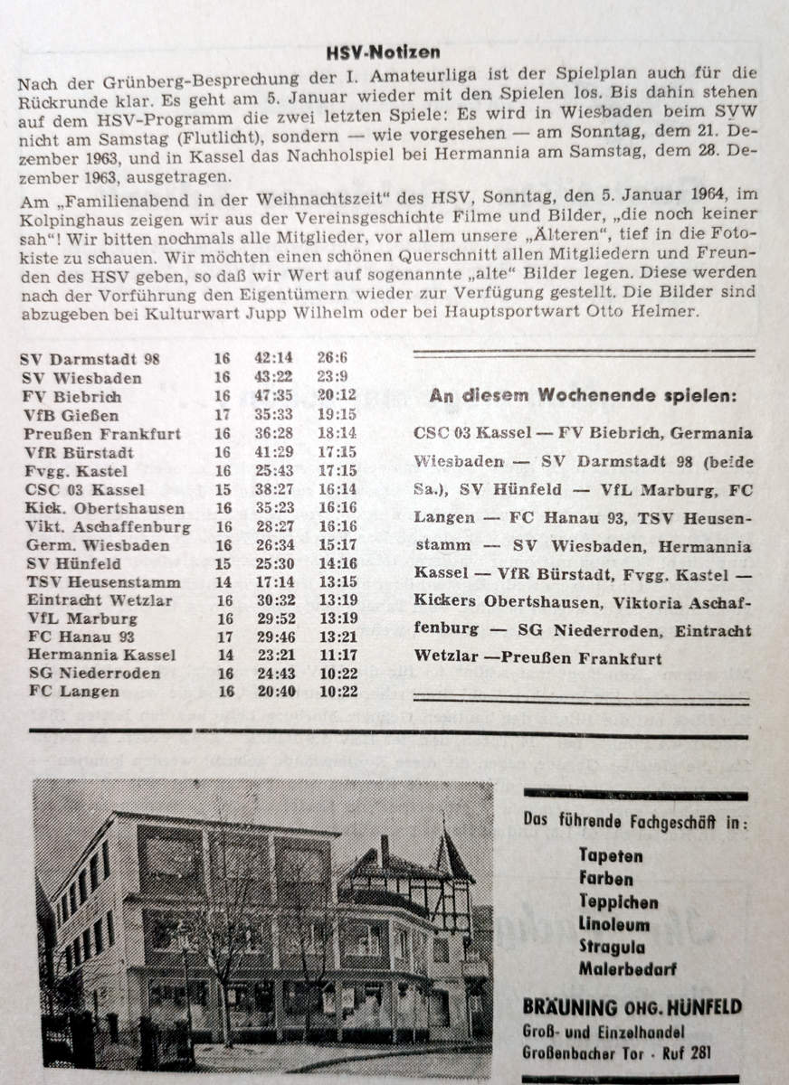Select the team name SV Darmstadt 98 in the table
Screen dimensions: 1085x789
tap(90, 359)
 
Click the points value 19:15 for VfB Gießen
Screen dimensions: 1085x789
tap(336, 415)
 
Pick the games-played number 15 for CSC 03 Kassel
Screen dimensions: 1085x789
tap(223, 489)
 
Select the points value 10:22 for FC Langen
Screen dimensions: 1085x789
tap(336, 692)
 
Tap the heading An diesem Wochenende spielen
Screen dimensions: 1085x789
tap(583, 395)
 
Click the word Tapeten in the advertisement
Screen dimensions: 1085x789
tap(611, 855)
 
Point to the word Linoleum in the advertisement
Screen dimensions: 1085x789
tap(614, 924)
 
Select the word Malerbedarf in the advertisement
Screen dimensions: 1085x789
tap(627, 970)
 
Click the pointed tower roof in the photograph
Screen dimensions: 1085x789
tap(452, 853)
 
